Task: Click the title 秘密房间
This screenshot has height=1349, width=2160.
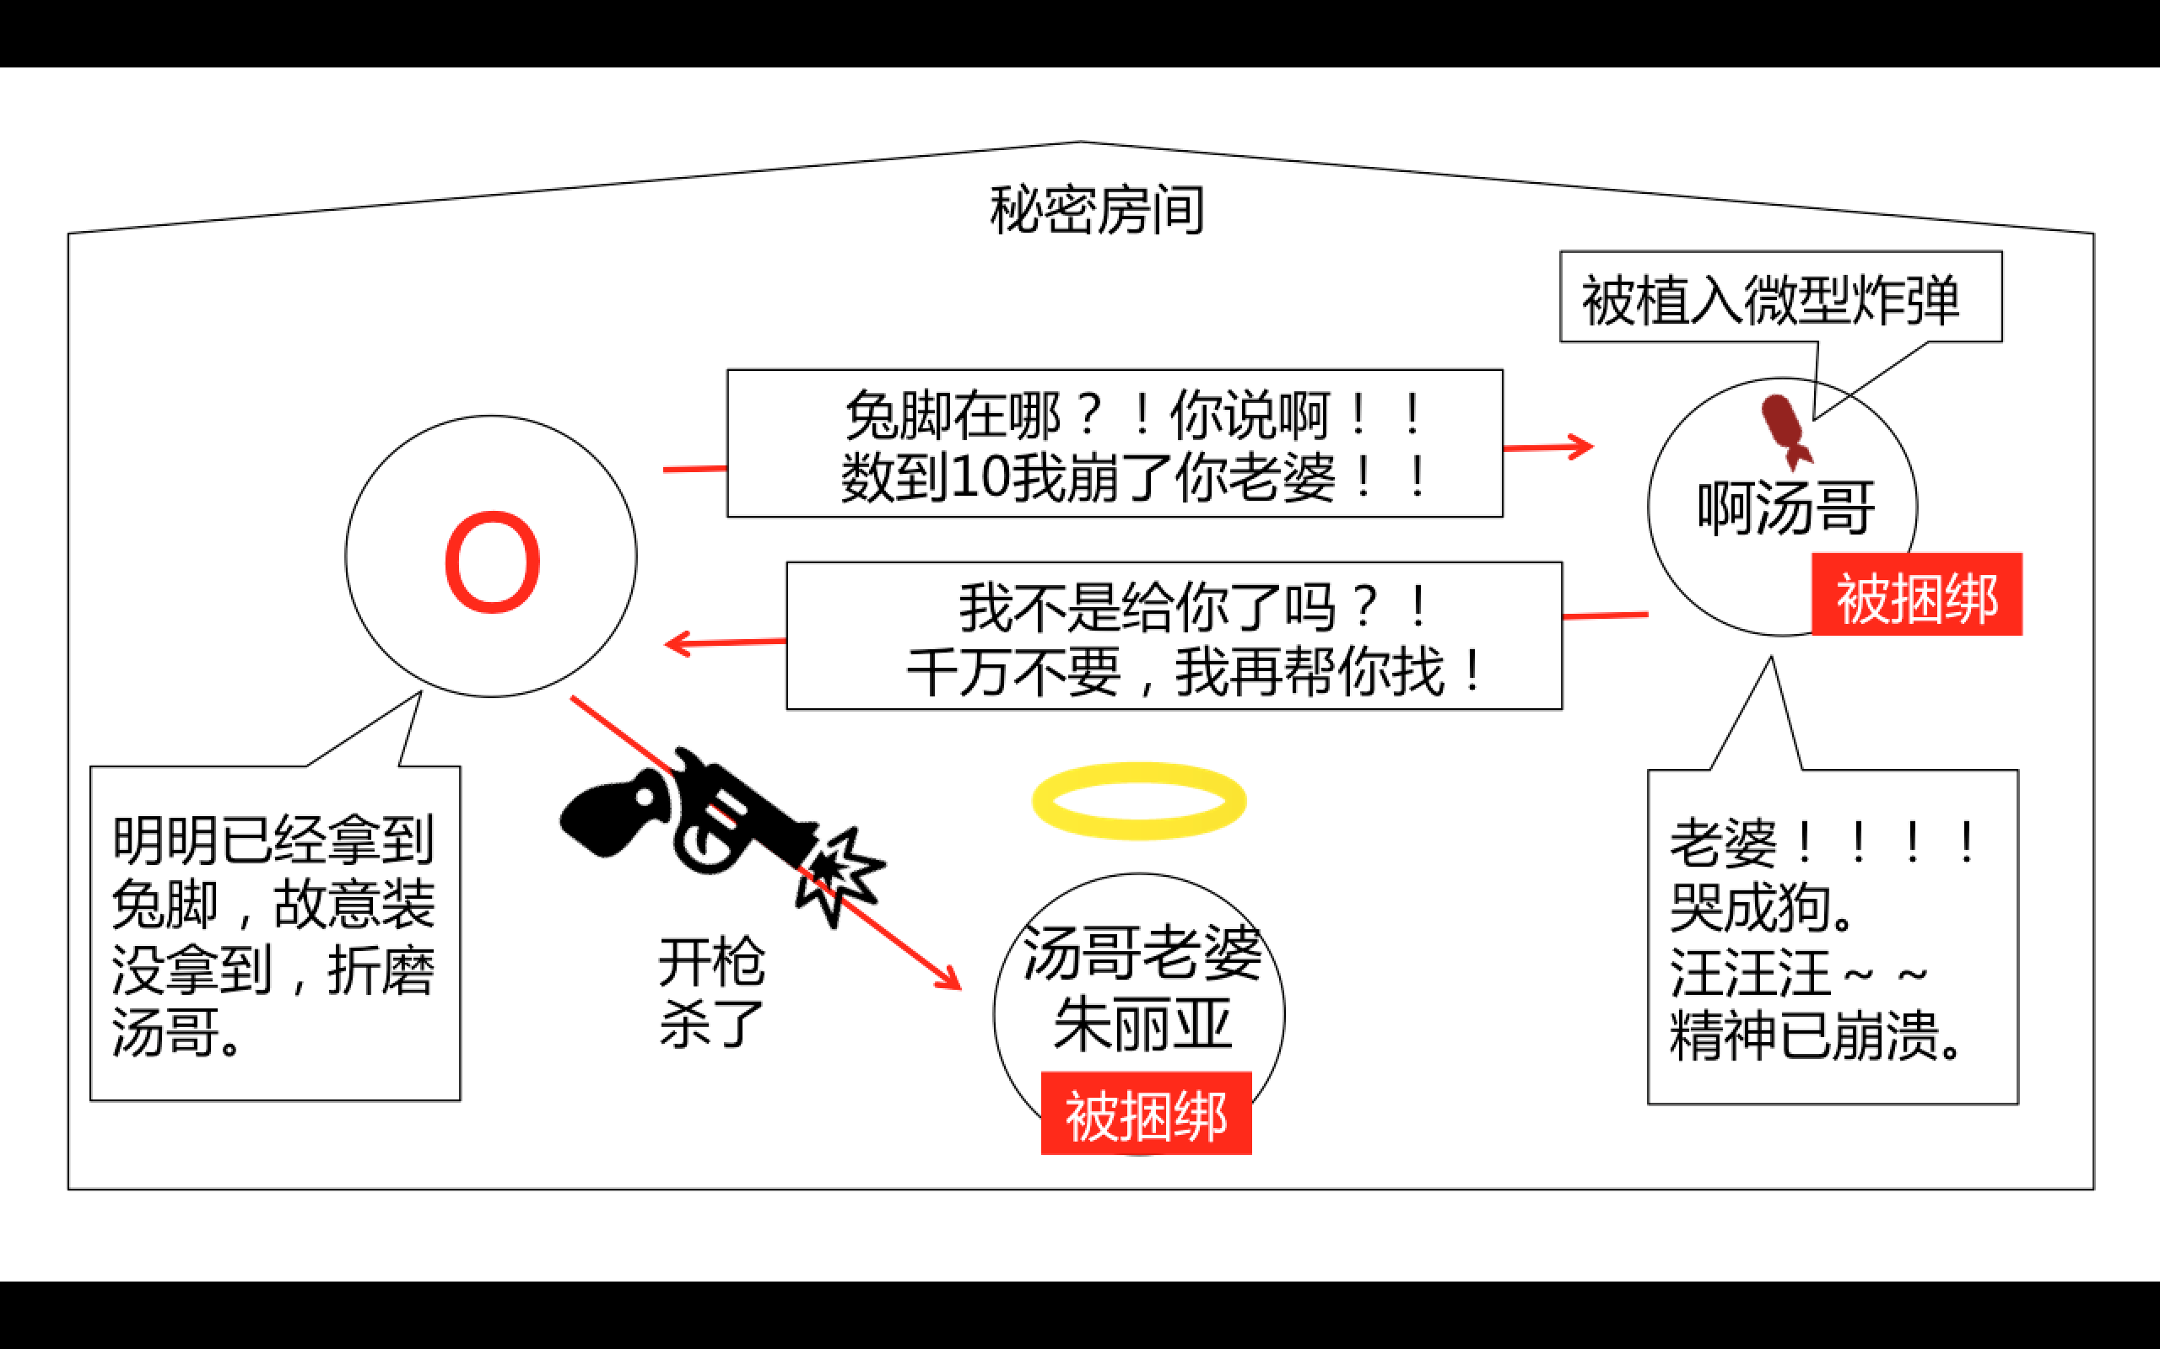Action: tap(1097, 211)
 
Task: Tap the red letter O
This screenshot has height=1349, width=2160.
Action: tap(492, 563)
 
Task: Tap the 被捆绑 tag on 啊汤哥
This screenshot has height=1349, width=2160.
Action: tap(1916, 595)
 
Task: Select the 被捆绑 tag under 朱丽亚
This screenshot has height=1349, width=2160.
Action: tap(1146, 1115)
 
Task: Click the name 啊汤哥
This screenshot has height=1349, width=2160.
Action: tap(1785, 508)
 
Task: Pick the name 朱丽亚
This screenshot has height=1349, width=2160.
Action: tap(1142, 1024)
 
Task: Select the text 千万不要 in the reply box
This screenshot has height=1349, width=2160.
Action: tap(1013, 673)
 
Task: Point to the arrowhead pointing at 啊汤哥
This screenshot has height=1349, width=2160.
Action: tap(1583, 446)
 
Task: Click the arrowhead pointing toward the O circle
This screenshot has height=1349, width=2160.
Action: tap(678, 643)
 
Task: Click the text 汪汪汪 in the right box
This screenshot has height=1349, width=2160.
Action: tap(1749, 972)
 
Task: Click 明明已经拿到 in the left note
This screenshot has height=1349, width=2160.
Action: tap(273, 840)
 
